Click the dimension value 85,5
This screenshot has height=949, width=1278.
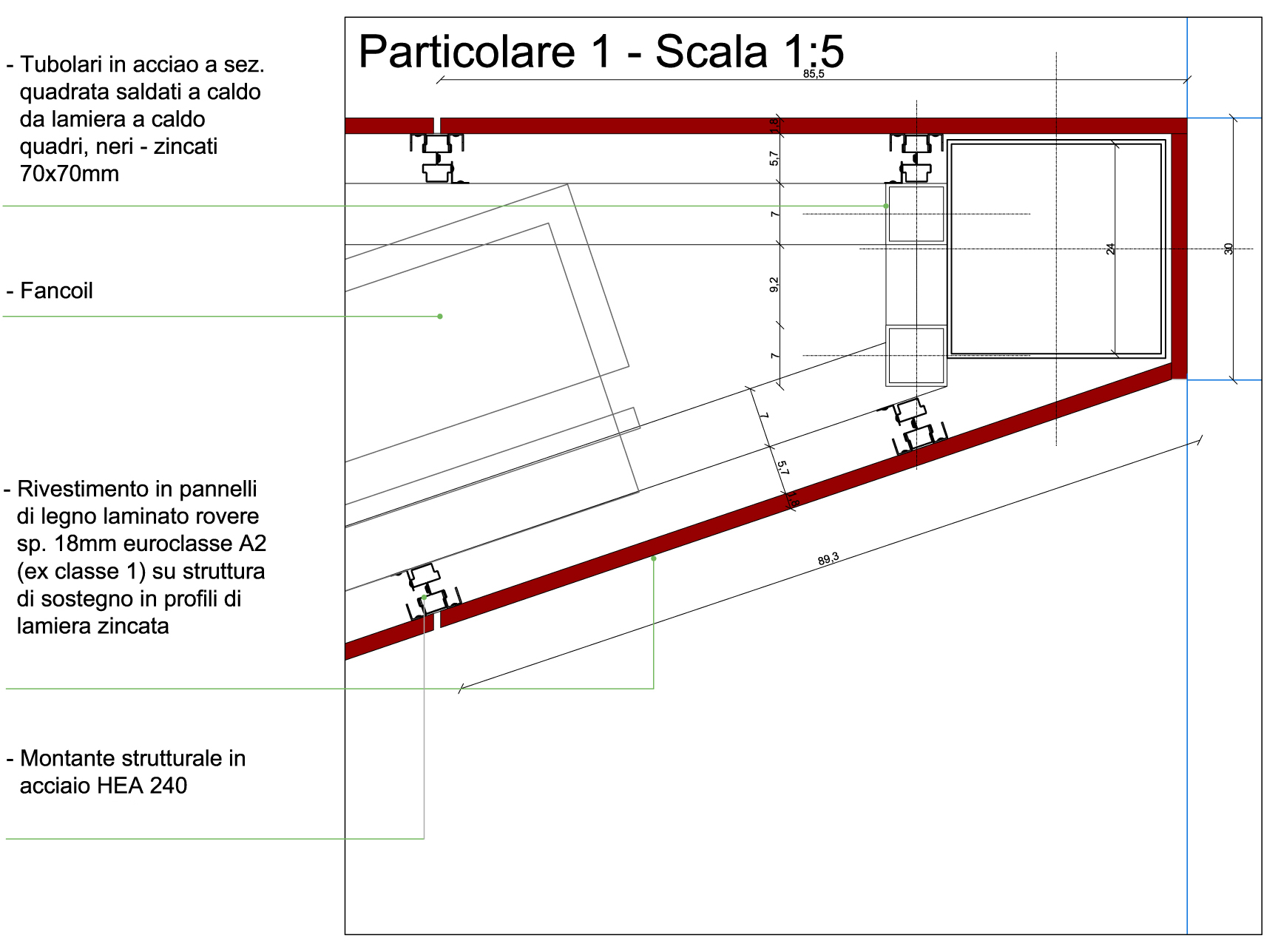(x=813, y=74)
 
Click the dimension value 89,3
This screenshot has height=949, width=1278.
(x=828, y=558)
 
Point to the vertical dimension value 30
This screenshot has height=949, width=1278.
(x=1228, y=249)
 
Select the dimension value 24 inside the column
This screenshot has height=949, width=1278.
(x=1110, y=249)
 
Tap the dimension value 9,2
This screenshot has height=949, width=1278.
(x=774, y=285)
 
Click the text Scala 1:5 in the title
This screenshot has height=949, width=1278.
(x=749, y=52)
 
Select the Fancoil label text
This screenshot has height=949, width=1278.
(x=56, y=291)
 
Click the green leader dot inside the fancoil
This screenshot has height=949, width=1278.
(x=440, y=317)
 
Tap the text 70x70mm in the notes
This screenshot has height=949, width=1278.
(x=70, y=174)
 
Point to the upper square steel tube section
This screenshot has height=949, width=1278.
(x=916, y=214)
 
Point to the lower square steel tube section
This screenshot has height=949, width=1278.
(x=916, y=356)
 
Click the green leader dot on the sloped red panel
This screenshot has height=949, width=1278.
(x=654, y=558)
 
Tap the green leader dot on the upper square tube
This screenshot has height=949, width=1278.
(x=886, y=206)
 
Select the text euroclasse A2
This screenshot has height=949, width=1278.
(x=195, y=544)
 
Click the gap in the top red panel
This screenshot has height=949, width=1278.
(x=436, y=125)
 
